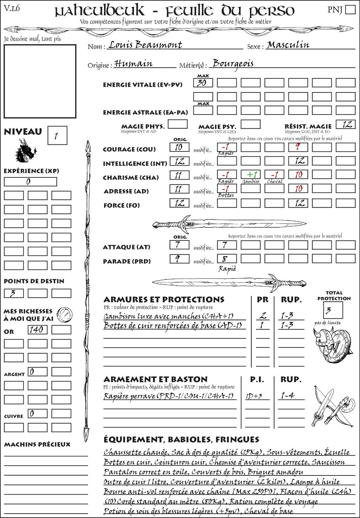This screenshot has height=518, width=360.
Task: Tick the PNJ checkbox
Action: coord(351,9)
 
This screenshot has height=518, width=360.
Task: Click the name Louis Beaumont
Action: coord(145,45)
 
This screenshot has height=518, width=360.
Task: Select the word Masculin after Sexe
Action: coord(288,45)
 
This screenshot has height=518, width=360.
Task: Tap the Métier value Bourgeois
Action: coord(233,64)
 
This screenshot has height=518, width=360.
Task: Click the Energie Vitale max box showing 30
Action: coord(203,83)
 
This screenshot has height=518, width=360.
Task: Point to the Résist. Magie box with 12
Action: coord(345,124)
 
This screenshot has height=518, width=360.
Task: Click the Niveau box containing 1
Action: coord(57,136)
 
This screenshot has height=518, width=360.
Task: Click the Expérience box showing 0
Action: coord(30,182)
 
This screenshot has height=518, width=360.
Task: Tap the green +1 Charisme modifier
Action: coord(251,175)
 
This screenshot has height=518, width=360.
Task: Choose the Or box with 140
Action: coord(37,330)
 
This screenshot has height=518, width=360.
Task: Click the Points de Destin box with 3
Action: coord(14,293)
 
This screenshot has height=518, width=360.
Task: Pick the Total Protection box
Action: coord(333,310)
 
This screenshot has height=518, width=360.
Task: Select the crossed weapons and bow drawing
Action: coord(332,407)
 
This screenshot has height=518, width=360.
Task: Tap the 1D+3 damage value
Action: coord(254,396)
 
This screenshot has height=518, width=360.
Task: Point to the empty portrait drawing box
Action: coord(40,81)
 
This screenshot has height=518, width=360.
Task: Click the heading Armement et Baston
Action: coord(155,379)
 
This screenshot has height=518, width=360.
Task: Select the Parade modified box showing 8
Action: coord(226,259)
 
